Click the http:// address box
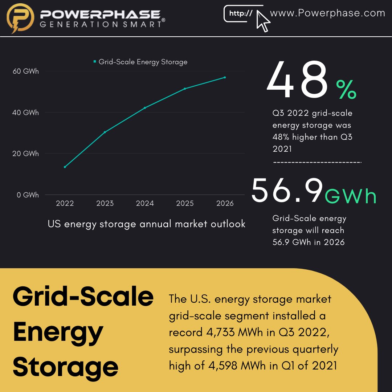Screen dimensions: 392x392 point(241,14)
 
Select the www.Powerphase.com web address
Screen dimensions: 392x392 point(327,13)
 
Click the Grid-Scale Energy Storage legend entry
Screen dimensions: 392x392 point(140,62)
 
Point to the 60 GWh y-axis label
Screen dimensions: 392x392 point(25,72)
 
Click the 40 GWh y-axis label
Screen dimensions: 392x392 point(25,113)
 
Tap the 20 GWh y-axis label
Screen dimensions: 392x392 point(25,154)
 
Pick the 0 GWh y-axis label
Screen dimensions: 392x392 point(28,195)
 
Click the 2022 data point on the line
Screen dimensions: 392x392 point(65,167)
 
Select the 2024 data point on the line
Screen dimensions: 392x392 point(145,108)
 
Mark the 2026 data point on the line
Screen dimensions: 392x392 point(225,77)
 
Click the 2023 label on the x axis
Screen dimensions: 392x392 point(105,204)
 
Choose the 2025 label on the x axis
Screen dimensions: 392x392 point(185,204)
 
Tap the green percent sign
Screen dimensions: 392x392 point(346,90)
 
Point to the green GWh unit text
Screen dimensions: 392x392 point(351,196)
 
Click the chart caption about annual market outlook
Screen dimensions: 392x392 point(146,224)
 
